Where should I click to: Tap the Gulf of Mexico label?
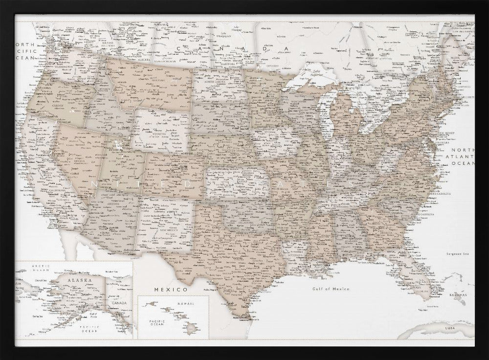pyautogui.click(x=331, y=289)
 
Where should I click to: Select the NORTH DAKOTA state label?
pyautogui.click(x=218, y=81)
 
